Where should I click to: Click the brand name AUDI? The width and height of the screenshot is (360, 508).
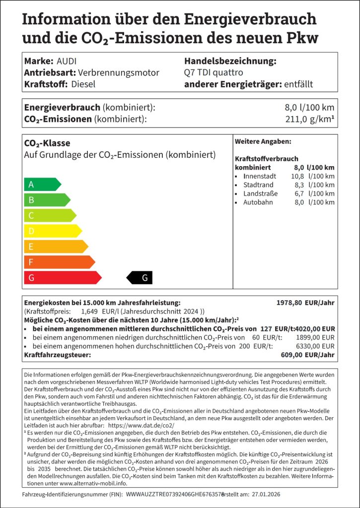(67, 61)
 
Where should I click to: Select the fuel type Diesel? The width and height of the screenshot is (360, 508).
(83, 84)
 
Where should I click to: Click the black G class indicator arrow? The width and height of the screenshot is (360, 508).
(140, 278)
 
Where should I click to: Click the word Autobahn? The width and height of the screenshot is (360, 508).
(258, 202)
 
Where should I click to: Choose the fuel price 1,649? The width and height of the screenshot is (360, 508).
(89, 312)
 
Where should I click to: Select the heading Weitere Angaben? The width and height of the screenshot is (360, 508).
(263, 142)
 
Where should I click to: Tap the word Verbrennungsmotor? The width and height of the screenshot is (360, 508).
(119, 72)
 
